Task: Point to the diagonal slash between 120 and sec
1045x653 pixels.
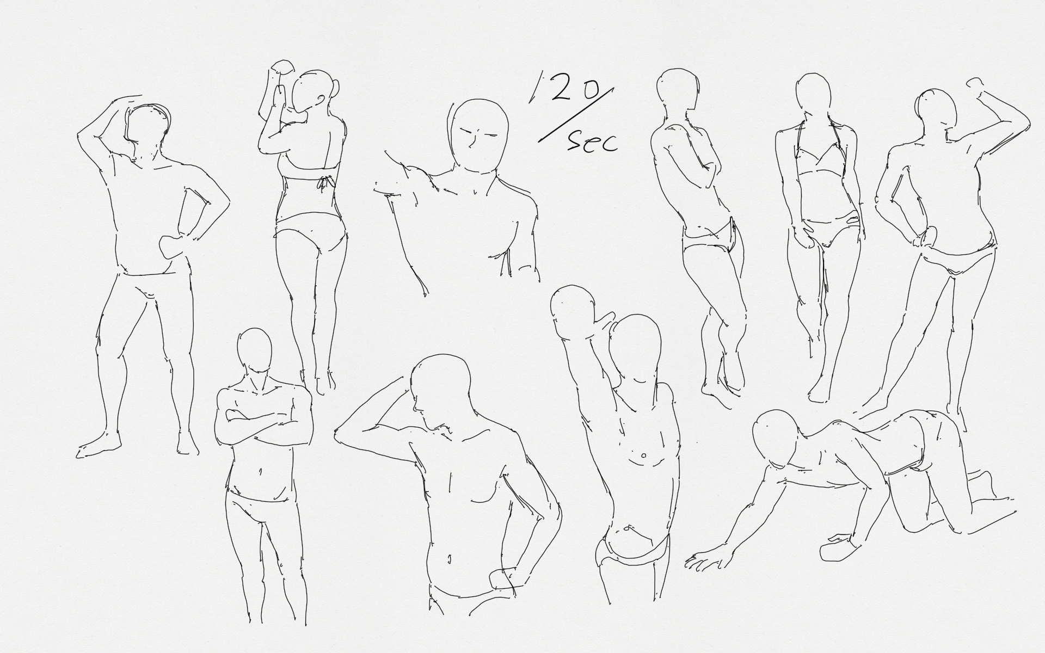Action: tap(576, 115)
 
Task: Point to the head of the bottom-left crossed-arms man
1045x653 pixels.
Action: tap(255, 351)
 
